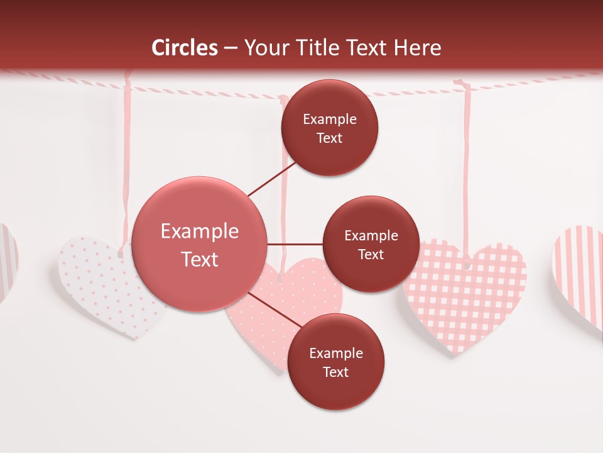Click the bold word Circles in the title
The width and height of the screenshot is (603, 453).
[185, 48]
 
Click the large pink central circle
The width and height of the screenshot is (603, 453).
[200, 244]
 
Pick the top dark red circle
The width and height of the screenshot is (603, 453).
[330, 128]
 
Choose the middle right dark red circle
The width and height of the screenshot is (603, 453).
[371, 244]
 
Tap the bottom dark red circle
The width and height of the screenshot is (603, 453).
[335, 362]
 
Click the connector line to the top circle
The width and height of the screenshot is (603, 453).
[271, 180]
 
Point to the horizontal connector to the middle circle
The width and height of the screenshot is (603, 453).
[295, 244]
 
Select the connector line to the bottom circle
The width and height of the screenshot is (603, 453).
[275, 310]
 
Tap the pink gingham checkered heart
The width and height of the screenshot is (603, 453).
[465, 296]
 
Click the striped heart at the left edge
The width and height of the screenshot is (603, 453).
[8, 258]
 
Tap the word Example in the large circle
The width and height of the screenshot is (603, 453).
[200, 232]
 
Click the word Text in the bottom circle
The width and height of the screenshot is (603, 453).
[335, 372]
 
